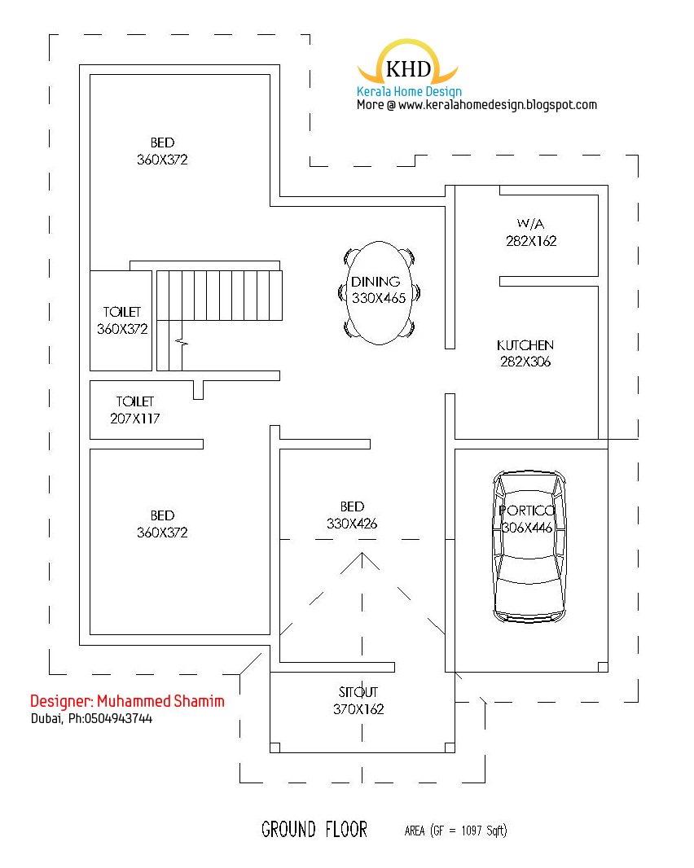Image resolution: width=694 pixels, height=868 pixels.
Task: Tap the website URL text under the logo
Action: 477,105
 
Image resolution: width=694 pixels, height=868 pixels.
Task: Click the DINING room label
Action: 376,282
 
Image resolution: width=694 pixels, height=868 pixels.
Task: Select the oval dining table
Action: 379,292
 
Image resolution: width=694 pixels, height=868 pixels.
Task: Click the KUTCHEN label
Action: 525,345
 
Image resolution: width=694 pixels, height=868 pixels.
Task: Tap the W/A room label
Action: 531,223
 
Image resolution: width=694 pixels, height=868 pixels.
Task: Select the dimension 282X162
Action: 531,241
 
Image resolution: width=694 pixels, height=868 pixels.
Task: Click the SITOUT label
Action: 358,692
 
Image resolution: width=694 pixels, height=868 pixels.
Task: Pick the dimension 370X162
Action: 358,709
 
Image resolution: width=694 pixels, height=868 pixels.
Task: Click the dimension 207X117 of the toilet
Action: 135,419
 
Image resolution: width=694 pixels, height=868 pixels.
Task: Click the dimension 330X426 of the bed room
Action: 352,524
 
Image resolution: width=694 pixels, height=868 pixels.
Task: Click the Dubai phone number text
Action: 91,719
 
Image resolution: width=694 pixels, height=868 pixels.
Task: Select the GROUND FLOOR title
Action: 314,830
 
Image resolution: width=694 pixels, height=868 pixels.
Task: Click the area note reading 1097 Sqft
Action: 456,831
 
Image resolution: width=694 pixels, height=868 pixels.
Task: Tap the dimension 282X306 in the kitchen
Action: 525,362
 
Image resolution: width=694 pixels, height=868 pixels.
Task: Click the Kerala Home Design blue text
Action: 409,92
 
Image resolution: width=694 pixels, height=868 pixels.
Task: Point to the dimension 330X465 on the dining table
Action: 379,298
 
